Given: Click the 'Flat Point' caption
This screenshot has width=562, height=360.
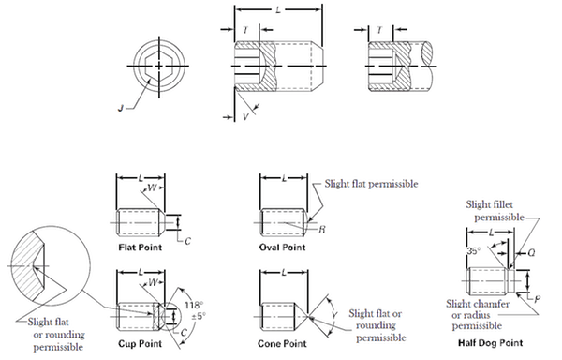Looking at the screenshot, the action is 140,247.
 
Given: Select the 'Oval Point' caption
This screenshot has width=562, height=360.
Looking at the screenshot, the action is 283,247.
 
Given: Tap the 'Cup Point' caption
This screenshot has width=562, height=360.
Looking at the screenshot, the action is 140,343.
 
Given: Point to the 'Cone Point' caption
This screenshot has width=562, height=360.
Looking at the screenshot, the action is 282,343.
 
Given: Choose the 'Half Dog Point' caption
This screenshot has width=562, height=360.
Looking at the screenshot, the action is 490,343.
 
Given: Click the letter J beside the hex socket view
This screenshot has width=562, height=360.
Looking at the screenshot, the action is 121,108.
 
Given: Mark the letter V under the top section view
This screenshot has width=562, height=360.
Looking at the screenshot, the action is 245,116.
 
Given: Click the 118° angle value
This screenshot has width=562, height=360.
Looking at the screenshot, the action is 194,305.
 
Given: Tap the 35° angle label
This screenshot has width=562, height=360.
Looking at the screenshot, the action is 473,250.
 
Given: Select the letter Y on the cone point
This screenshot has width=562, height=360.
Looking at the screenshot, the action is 334,316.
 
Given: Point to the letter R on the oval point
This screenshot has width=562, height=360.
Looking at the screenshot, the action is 322,230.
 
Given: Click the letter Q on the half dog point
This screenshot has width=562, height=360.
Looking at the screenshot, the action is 531,253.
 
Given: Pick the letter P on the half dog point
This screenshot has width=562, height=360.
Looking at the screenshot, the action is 537,299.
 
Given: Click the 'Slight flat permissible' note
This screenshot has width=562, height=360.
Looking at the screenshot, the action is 371,184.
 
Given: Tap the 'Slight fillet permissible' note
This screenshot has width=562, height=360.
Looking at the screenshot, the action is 495,211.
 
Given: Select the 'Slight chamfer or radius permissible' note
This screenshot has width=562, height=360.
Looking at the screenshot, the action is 478,314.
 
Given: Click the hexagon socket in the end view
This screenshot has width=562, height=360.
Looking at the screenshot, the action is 159,66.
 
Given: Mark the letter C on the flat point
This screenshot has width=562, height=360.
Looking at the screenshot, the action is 188,241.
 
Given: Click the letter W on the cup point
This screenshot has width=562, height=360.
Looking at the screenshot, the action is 153,282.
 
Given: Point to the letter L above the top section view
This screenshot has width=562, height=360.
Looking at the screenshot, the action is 278,9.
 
